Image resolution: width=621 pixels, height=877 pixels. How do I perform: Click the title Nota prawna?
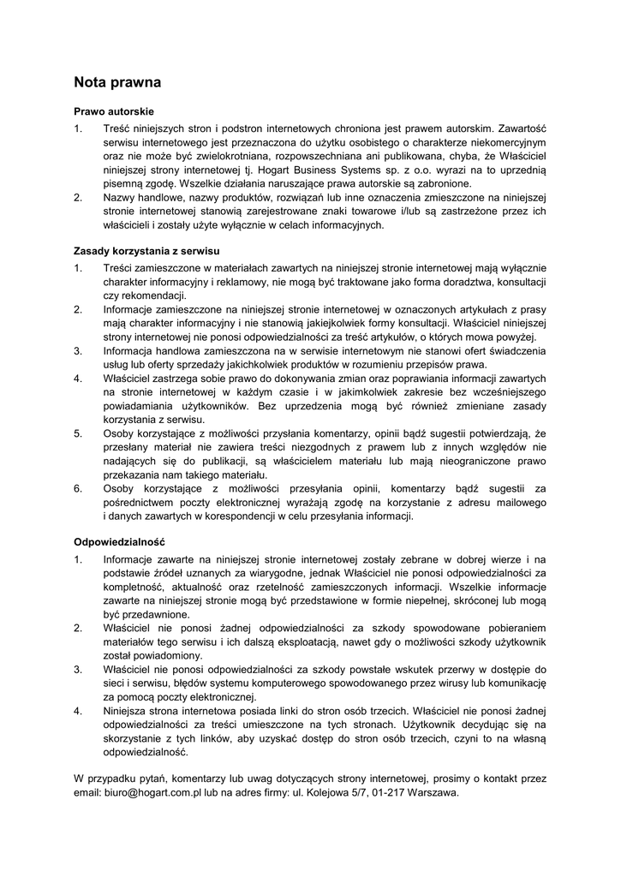coord(117,83)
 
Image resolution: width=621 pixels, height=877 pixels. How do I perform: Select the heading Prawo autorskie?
coord(113,111)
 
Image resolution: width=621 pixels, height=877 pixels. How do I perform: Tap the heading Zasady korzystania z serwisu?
coord(147,251)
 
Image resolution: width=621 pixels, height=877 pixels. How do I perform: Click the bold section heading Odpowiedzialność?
coord(119,542)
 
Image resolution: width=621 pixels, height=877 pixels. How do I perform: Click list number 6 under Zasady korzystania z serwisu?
coord(77,489)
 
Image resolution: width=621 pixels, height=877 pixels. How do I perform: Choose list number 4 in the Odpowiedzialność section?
coord(77,711)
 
